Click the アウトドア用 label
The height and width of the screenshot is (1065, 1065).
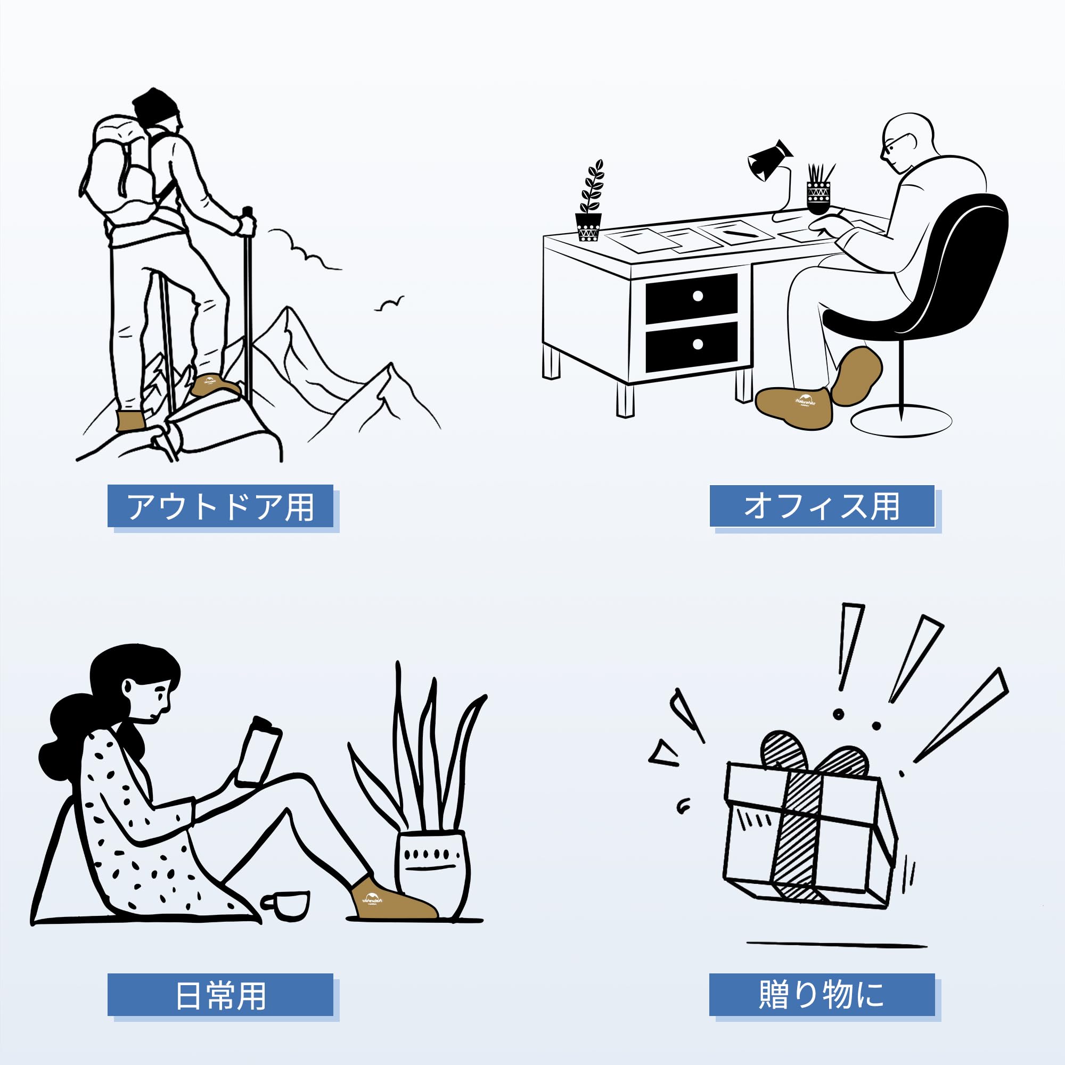(220, 506)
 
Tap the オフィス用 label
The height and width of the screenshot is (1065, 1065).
(822, 506)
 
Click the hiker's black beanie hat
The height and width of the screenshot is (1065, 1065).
(156, 106)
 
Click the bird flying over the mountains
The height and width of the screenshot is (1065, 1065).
(389, 304)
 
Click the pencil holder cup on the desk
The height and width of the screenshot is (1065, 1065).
(818, 195)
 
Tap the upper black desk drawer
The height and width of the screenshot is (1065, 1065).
(692, 297)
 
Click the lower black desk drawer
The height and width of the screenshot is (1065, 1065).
(692, 345)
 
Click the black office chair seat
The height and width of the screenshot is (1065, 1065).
(904, 319)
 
